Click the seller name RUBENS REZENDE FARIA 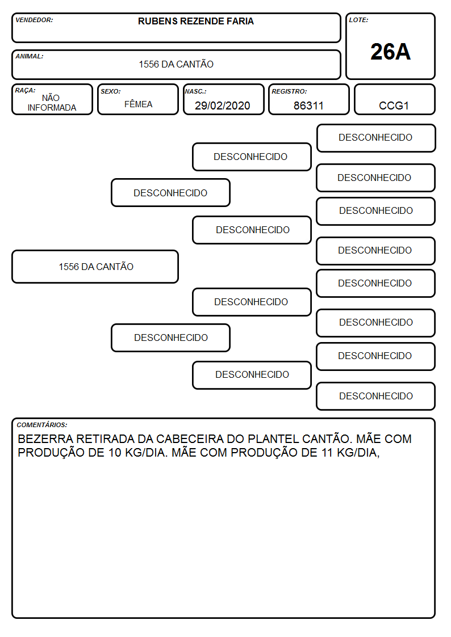(x=195, y=21)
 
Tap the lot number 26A (x=390, y=52)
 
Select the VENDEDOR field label (x=34, y=20)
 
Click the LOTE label (x=358, y=20)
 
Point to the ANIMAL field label (x=30, y=57)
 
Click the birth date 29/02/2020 (x=223, y=106)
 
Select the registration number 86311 (x=308, y=106)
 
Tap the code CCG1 (x=394, y=106)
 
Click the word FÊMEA (x=138, y=104)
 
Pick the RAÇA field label (x=25, y=90)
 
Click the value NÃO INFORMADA (x=52, y=103)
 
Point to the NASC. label (x=195, y=91)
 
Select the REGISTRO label (x=289, y=91)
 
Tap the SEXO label (x=111, y=91)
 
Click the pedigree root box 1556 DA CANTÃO (x=95, y=267)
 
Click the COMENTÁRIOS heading (x=42, y=425)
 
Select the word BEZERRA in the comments (x=45, y=439)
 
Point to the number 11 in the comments (x=327, y=453)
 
